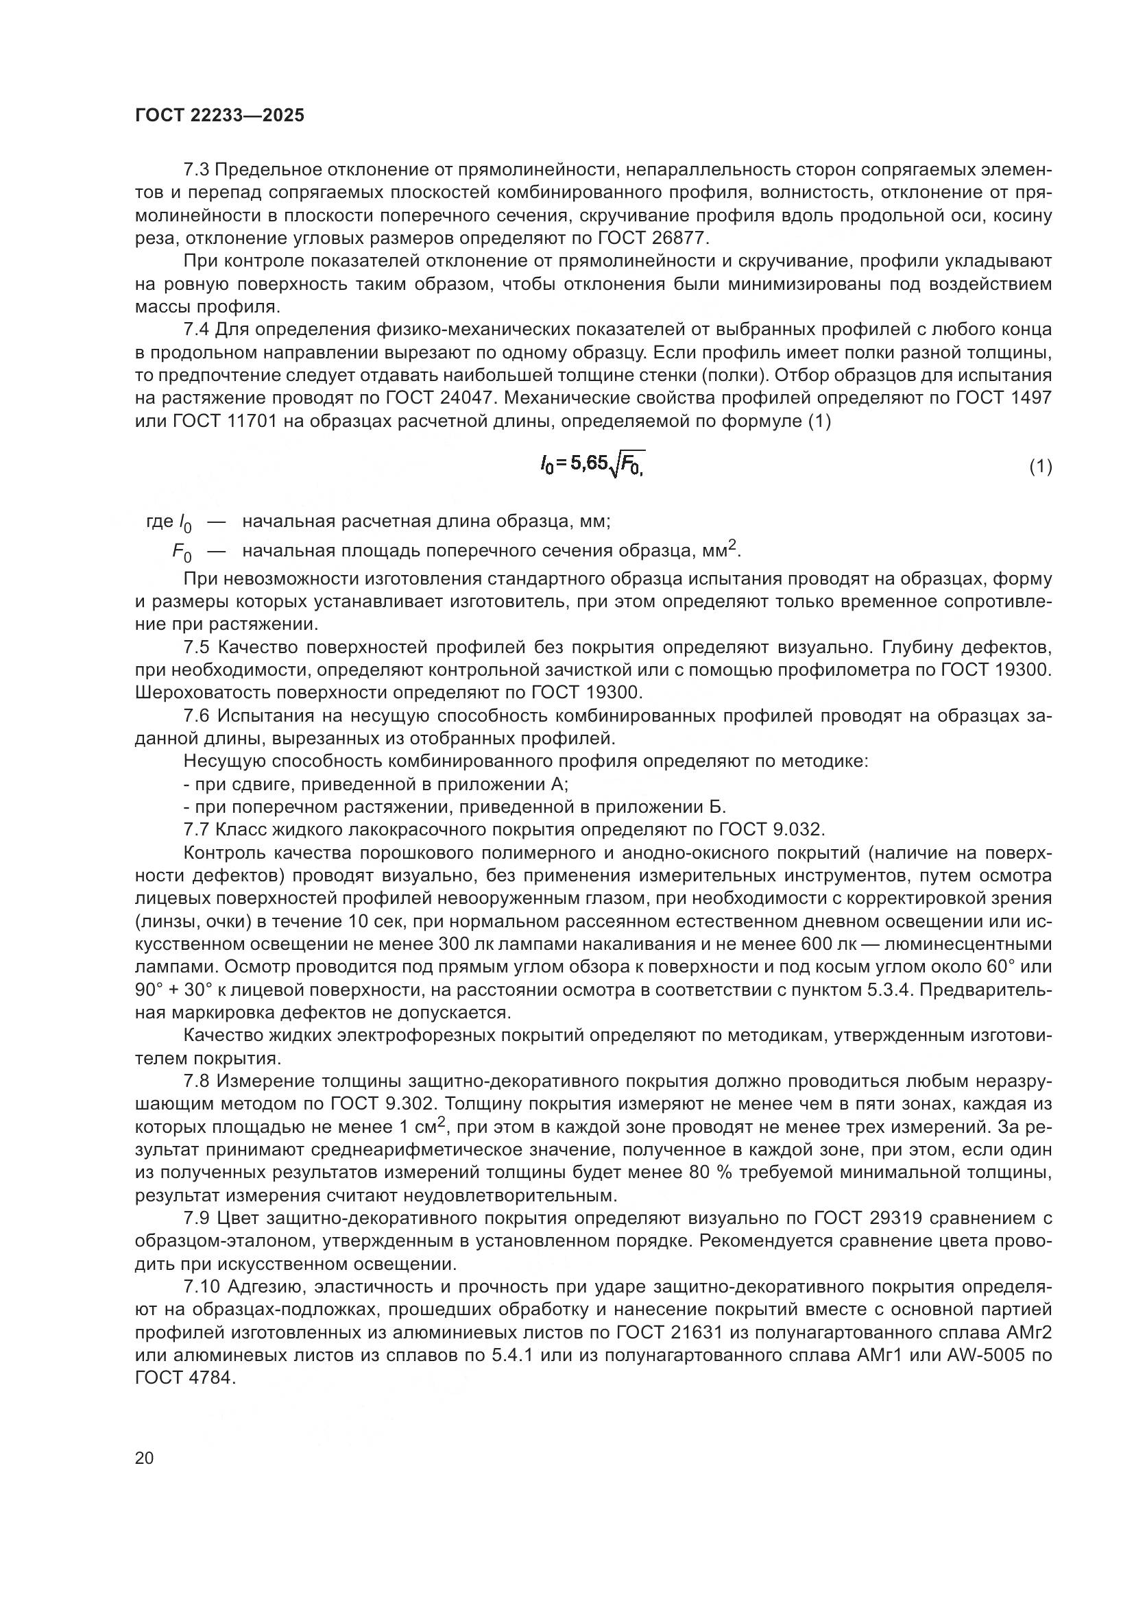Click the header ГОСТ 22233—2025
[x=219, y=116]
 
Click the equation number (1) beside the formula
[x=1041, y=467]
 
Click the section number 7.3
[x=197, y=170]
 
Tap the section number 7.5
[x=197, y=647]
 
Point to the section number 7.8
[x=197, y=1081]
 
